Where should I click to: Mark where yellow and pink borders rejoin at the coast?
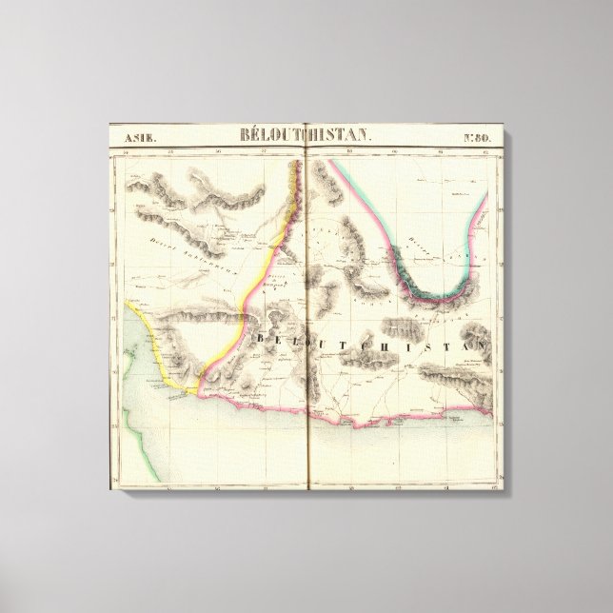(x=197, y=388)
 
